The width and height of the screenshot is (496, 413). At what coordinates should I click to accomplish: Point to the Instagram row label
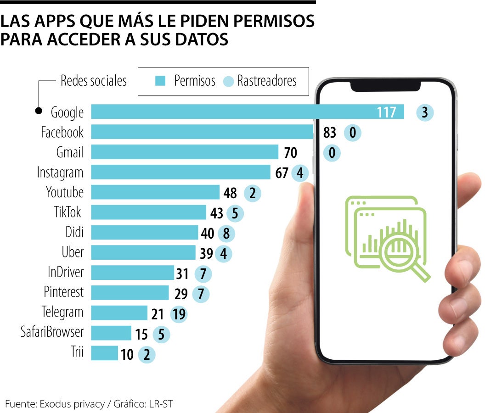[60, 173]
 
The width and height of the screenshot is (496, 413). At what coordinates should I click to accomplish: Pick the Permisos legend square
[160, 82]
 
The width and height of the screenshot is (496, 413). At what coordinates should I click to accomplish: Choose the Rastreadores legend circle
[228, 82]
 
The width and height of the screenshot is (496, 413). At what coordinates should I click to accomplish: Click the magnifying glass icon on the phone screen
[404, 255]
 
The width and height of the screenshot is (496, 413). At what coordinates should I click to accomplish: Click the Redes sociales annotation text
[93, 81]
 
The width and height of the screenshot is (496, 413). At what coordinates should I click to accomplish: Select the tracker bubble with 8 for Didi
[226, 234]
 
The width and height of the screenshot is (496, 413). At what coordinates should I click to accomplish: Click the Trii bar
[104, 353]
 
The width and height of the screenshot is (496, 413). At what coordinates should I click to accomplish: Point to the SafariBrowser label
[52, 331]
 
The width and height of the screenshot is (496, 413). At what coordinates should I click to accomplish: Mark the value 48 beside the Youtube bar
[230, 193]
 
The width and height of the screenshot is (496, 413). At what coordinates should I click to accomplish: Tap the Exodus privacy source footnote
[89, 404]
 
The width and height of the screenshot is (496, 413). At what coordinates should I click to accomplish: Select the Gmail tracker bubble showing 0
[332, 153]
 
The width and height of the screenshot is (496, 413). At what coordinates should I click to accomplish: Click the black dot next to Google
[39, 111]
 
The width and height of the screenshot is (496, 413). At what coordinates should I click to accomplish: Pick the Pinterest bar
[130, 293]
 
